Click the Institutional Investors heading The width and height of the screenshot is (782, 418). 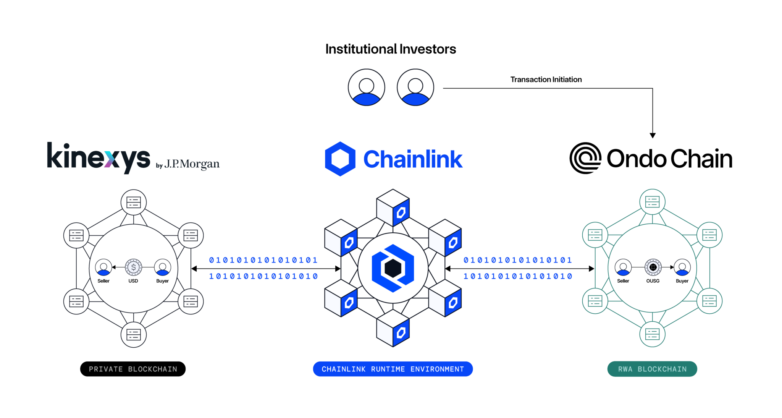tap(391, 49)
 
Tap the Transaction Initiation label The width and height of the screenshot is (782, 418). tap(546, 79)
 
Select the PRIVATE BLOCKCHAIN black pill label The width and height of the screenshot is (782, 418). tap(133, 369)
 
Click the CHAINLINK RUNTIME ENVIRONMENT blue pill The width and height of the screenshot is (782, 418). tap(393, 369)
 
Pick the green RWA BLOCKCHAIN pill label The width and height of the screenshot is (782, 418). tap(652, 369)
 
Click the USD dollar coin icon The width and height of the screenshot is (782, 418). tap(133, 267)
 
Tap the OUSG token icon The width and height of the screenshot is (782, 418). tap(653, 267)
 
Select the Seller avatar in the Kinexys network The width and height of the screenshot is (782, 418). tap(103, 267)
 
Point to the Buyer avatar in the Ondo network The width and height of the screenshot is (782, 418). tap(682, 267)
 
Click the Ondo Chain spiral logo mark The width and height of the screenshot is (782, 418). tap(585, 158)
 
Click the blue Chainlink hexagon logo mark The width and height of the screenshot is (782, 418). tap(340, 159)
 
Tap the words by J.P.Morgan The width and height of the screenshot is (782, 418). tap(188, 164)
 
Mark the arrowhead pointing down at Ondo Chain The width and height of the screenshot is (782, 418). tap(653, 135)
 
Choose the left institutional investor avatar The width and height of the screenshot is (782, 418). tap(366, 87)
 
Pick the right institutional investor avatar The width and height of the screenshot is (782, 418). tap(415, 87)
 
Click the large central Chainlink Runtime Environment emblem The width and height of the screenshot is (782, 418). tap(393, 268)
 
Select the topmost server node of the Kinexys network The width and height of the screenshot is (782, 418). tap(134, 202)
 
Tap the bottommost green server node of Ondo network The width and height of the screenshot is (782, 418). tap(652, 334)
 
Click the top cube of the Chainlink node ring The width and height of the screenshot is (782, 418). tap(393, 207)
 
